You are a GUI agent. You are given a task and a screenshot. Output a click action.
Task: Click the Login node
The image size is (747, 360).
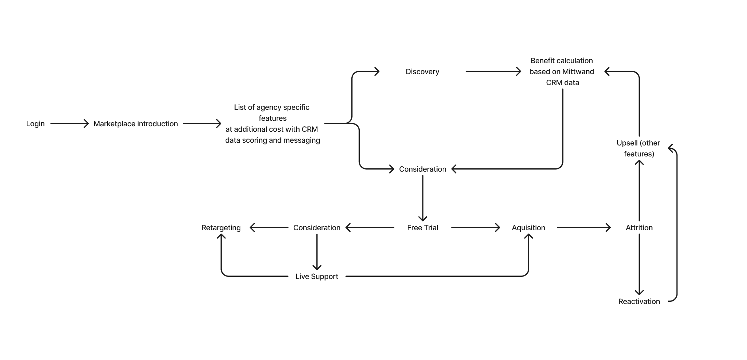35,124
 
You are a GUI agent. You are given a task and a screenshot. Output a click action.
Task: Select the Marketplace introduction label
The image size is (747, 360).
136,124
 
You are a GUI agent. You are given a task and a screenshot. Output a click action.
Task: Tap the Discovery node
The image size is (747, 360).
422,72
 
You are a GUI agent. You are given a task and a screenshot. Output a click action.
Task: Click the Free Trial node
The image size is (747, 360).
422,228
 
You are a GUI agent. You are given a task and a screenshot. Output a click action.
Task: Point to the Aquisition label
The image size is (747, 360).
528,228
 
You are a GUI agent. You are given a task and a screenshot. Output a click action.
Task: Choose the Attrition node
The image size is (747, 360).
639,228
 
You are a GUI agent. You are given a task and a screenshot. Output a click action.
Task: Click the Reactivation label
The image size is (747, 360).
639,301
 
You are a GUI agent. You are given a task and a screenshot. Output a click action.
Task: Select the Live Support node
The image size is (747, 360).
317,277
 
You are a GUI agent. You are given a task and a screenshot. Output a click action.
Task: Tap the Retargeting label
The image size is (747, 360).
221,228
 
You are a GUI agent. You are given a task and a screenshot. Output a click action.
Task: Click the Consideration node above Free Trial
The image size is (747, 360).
422,169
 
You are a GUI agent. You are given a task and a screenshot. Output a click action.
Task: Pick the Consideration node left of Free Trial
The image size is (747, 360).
317,228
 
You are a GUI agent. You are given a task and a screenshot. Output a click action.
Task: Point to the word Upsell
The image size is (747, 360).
627,143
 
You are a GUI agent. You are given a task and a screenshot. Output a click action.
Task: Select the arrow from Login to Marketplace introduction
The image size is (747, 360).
69,124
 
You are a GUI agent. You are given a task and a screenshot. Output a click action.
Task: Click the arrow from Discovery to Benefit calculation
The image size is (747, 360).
493,72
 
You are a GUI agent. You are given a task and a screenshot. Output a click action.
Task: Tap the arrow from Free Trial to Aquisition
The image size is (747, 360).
476,228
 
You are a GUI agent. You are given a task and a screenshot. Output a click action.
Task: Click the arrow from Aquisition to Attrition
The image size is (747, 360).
584,228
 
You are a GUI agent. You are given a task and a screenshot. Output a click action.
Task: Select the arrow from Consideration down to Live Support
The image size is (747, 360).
317,252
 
